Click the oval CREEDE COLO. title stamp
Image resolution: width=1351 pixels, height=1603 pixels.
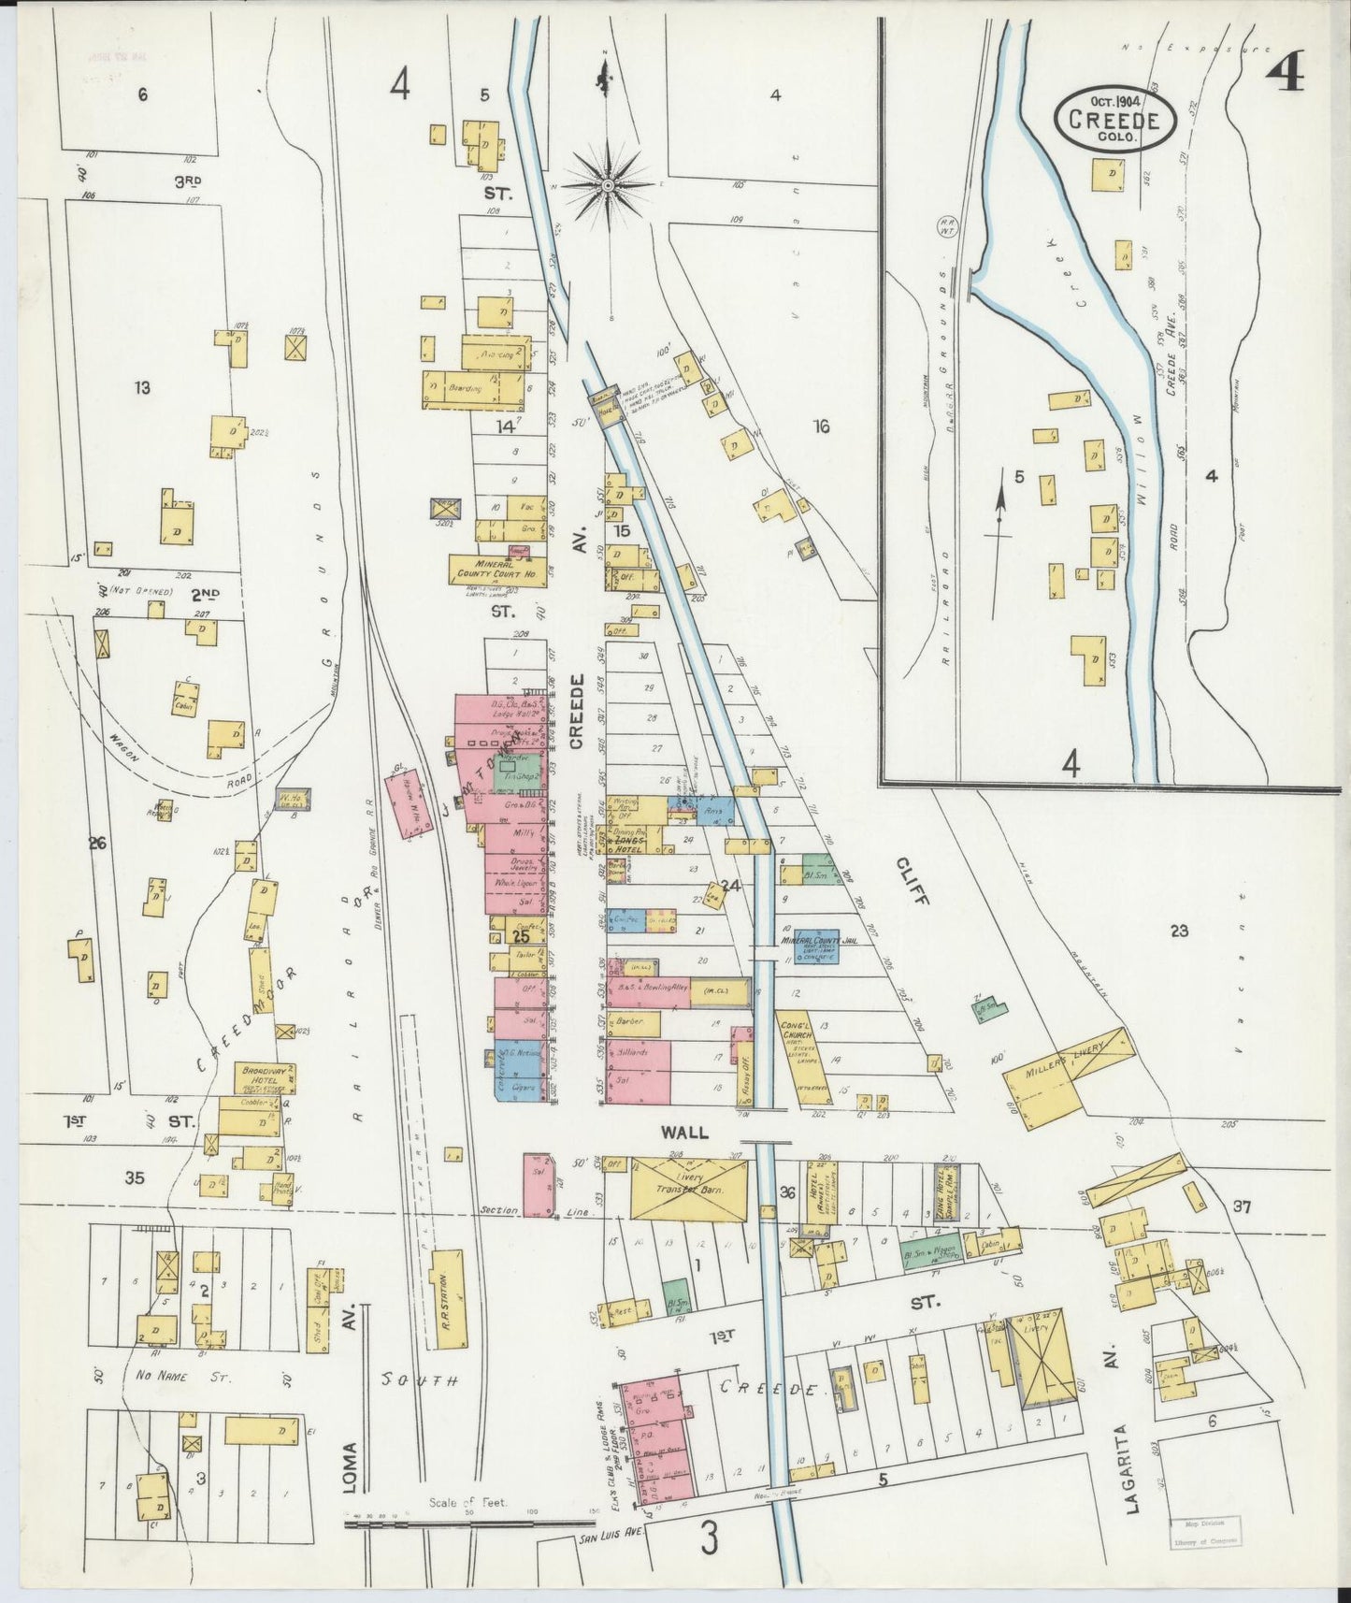(1114, 121)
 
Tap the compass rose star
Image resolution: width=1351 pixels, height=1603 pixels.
(608, 186)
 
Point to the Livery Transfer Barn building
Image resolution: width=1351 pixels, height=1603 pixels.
(690, 1189)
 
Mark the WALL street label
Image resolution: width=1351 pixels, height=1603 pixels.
(685, 1133)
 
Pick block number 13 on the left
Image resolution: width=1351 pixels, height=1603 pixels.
(142, 388)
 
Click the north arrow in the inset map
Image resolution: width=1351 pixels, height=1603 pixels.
(999, 515)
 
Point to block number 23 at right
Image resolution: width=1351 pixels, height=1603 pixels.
(1178, 931)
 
